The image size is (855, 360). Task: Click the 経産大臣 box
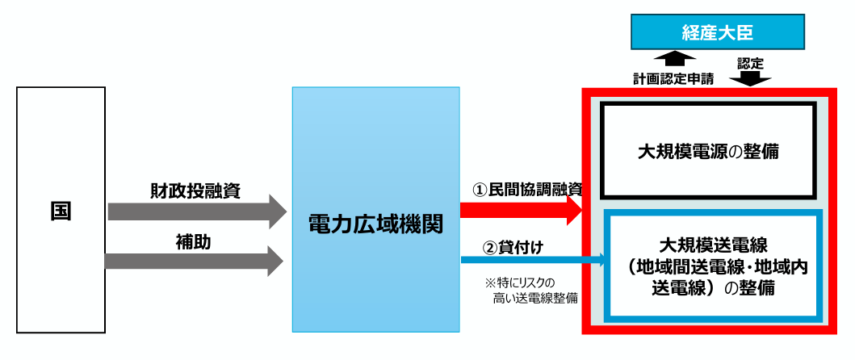click(718, 31)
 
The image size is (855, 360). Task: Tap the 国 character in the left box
click(61, 211)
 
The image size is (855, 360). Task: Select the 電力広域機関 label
click(375, 224)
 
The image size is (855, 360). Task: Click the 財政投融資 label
click(195, 190)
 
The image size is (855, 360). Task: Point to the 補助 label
click(193, 243)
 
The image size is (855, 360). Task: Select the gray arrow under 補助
click(194, 262)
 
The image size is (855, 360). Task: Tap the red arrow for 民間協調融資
click(522, 210)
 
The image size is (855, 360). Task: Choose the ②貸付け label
click(513, 247)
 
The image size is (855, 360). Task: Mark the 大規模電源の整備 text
click(708, 153)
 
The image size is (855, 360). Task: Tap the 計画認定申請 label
click(673, 78)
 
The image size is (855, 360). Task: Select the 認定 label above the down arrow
click(750, 63)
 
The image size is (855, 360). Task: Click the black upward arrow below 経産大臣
click(674, 60)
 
